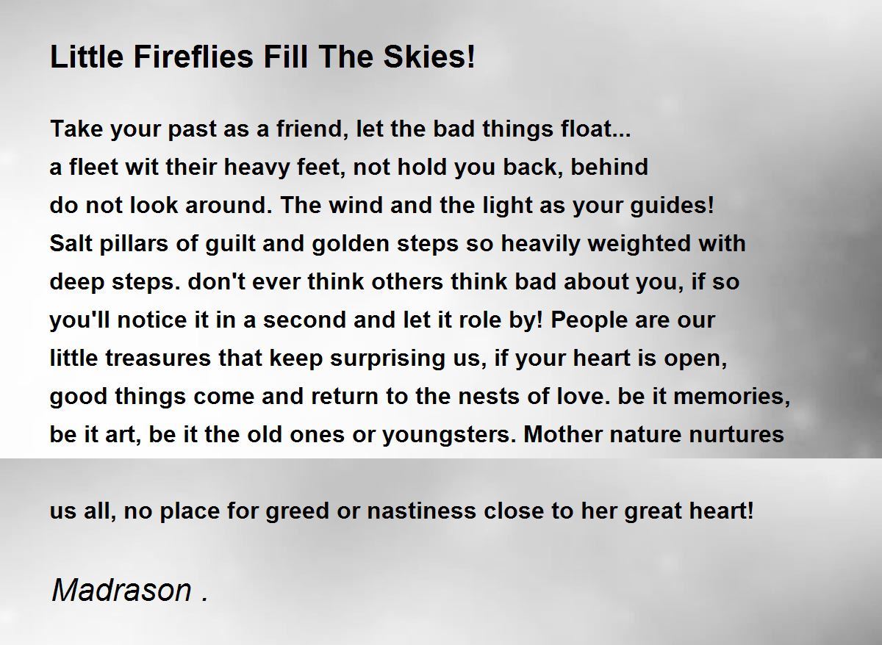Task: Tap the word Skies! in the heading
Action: click(x=429, y=57)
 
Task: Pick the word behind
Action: click(x=609, y=167)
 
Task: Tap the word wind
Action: click(x=356, y=205)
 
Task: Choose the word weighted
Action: click(x=639, y=244)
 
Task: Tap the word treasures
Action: click(x=158, y=358)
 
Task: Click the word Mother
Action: click(x=562, y=434)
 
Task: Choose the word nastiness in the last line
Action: click(x=421, y=511)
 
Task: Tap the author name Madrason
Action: click(x=122, y=590)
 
